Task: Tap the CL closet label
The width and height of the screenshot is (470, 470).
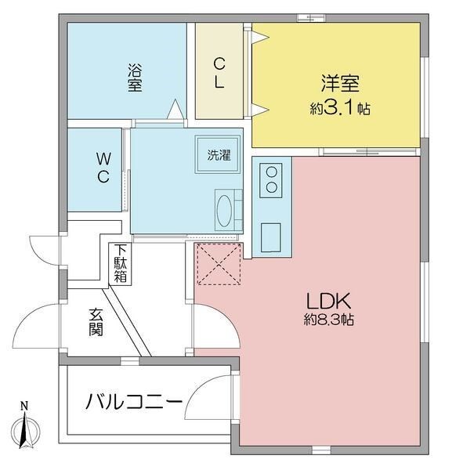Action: tap(220, 73)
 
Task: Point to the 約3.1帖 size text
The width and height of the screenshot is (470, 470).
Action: tap(339, 109)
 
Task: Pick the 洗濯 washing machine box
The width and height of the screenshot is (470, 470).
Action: tap(218, 154)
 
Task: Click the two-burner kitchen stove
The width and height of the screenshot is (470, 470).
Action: tap(272, 179)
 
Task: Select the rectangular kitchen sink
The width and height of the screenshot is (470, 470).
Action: tap(272, 236)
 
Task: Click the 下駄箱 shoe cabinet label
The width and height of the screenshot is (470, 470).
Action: tap(121, 264)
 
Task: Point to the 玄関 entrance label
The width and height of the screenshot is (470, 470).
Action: tap(96, 321)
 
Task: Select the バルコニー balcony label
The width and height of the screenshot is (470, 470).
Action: tap(134, 403)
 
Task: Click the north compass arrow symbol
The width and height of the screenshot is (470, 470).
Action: tap(24, 432)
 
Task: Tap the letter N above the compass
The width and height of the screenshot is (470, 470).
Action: tap(24, 406)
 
